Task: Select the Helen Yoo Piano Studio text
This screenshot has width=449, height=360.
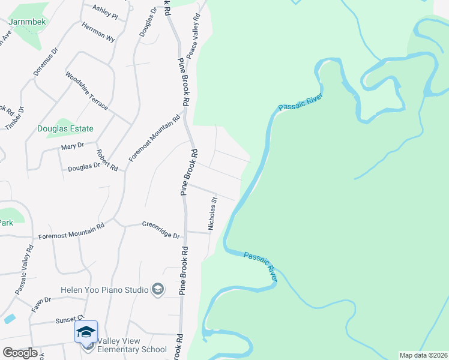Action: (x=104, y=290)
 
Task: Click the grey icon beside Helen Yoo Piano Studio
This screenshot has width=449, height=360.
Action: (x=158, y=290)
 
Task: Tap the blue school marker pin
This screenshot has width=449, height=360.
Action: (x=86, y=332)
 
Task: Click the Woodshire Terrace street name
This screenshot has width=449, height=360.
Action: (x=86, y=91)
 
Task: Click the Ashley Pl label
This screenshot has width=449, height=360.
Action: (x=104, y=11)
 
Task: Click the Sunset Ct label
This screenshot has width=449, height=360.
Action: (x=67, y=320)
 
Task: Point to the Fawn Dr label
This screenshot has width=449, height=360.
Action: (x=42, y=304)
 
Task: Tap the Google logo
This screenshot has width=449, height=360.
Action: (x=20, y=353)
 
